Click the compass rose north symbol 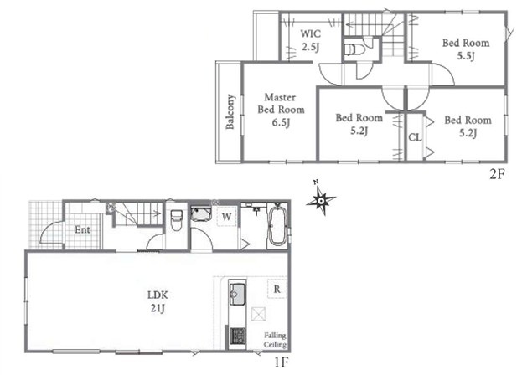coord(321,200)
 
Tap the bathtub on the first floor coord(277,226)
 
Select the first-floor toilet coord(177,220)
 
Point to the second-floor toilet coord(354,50)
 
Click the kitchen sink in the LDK coord(237,294)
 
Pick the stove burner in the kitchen coord(237,336)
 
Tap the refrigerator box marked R coord(277,290)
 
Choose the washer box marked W coord(227,217)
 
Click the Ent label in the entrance coord(82,229)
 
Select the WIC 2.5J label coord(311,40)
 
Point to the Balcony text coord(230,111)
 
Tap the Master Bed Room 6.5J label coord(281,110)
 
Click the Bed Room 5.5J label coord(466,49)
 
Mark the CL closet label coord(415,137)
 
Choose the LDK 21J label coord(158,301)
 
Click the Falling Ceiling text coord(275,340)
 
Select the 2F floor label coord(497,174)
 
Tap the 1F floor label coord(281,362)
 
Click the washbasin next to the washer coord(201,213)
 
